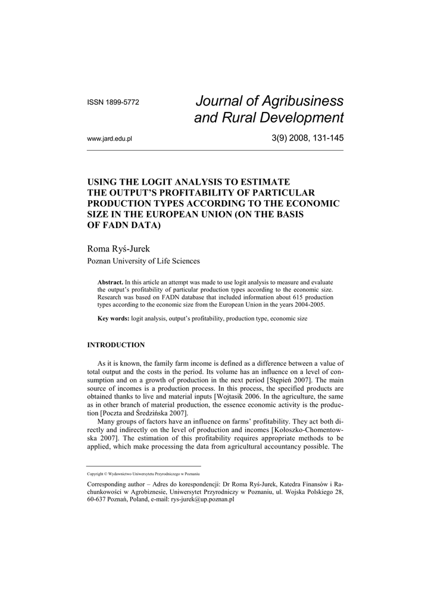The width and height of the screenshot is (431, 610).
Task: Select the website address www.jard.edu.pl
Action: point(110,139)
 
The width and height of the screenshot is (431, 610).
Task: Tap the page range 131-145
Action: point(325,139)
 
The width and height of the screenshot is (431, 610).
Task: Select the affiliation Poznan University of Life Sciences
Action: point(143,261)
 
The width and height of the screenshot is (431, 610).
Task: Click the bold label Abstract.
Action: point(110,281)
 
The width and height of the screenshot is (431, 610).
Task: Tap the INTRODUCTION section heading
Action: point(116,345)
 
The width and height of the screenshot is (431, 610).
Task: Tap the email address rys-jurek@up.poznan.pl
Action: point(202,500)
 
